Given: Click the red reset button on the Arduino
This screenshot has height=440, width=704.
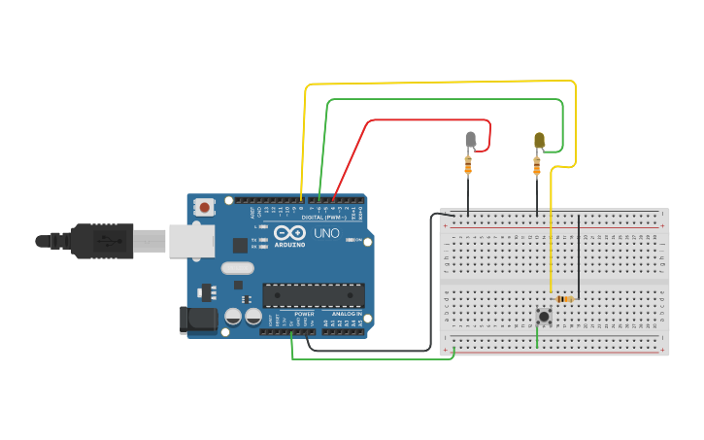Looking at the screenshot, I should (204, 206).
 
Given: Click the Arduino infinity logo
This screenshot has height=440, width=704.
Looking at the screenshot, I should (288, 233).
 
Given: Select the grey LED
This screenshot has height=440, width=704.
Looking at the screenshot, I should (471, 140).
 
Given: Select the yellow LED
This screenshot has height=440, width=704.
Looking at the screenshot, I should (539, 141).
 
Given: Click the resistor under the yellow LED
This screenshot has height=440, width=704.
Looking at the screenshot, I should (537, 167).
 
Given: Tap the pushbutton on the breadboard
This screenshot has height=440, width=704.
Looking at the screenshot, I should (544, 316).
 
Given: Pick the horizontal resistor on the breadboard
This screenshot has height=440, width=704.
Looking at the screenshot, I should (564, 299).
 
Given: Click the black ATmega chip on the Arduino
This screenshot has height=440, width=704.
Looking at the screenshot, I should (314, 294).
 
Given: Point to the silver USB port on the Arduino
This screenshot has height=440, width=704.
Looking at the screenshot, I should (191, 241).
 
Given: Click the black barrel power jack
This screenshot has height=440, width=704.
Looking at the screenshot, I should (198, 321).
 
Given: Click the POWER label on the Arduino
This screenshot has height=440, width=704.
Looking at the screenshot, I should (304, 314).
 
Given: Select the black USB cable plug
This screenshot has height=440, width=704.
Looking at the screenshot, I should (102, 241).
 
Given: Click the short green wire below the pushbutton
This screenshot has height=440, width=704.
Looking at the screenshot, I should (537, 336).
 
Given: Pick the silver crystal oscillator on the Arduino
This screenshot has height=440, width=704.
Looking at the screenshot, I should (237, 268).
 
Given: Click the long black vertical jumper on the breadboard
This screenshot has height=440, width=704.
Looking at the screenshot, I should (579, 257).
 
